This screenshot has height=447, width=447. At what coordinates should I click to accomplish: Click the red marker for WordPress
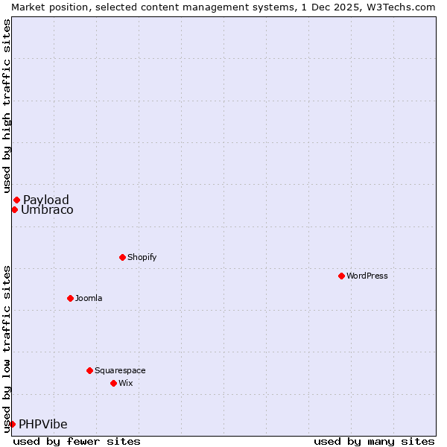pos(341,276)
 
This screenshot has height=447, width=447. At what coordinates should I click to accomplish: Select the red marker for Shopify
pos(122,257)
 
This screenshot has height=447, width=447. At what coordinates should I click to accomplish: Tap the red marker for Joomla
pos(70,298)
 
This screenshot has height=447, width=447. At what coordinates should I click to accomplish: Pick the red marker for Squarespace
pos(89,370)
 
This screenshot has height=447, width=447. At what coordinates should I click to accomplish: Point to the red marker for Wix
pos(113,383)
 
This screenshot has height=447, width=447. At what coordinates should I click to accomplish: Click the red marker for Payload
pos(16,200)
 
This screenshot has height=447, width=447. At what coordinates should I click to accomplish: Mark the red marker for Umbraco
pos(14,209)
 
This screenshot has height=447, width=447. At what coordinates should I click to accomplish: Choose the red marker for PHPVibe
pos(12,424)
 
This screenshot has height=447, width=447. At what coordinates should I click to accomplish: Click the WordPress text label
pos(367,276)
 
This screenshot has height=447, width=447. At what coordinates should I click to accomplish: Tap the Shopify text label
pos(142,257)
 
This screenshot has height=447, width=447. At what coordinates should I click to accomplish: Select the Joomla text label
pos(89,298)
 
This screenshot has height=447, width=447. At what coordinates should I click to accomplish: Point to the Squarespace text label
pos(120,370)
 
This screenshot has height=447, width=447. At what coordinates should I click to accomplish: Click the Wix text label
pos(125,383)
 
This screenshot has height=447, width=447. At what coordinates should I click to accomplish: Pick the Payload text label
pos(46,200)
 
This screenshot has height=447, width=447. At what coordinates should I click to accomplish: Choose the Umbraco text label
pos(47,209)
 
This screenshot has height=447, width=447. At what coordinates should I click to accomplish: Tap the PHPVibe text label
pos(43,424)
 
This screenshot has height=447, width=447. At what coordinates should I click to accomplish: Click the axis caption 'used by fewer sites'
pos(77,441)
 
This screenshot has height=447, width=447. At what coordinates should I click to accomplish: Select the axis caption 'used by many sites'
pos(374,441)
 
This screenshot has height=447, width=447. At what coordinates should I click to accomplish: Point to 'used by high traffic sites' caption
pos(7,106)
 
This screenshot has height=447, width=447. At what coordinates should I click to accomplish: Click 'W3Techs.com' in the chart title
pos(400,7)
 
